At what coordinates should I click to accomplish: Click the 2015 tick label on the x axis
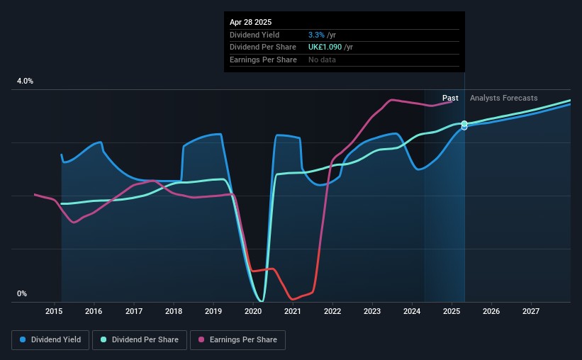pos(55,311)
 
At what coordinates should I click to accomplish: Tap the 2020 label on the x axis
pos(254,311)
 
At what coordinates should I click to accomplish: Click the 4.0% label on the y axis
pos(25,81)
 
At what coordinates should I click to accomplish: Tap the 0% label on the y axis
pos(22,294)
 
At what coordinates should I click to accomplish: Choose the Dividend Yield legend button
pos(50,340)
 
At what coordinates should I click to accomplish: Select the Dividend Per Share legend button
pos(143,340)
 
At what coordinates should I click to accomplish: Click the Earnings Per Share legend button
pos(237,340)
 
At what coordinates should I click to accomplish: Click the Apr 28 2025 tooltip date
pos(250,22)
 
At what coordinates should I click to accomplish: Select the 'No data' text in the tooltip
pos(322,60)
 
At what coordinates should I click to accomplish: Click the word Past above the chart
pos(450,99)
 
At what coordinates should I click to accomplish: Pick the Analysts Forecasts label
pos(503,99)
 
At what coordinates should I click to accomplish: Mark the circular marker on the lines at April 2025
pos(464,125)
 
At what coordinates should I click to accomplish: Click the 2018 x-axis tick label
pos(174,311)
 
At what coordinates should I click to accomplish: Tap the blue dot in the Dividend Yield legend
pos(23,340)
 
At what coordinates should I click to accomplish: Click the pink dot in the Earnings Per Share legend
pos(201,340)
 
